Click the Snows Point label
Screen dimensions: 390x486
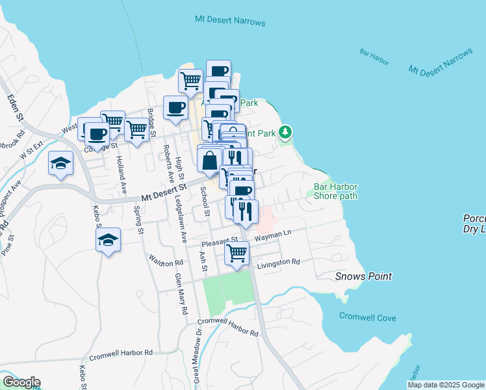[x=363, y=276]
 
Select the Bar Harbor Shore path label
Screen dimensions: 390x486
[x=336, y=190]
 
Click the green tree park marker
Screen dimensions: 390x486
[x=285, y=132]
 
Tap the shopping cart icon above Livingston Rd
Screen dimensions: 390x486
[x=237, y=252]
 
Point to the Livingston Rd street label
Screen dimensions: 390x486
[x=278, y=263]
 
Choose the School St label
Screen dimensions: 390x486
[x=205, y=202]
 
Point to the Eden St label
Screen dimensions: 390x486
[x=15, y=109]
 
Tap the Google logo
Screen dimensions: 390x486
[x=21, y=382]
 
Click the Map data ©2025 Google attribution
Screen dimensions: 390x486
[x=445, y=385]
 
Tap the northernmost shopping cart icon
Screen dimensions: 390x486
[x=190, y=81]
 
